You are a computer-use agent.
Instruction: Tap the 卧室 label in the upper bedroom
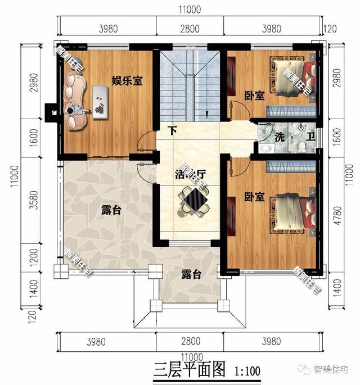pos(255,96)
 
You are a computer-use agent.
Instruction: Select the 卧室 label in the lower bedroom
pos(255,197)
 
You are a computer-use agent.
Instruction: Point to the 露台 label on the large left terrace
pos(111,210)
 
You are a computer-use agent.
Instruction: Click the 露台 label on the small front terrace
pos(191,274)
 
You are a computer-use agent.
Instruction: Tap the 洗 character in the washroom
pos(280,137)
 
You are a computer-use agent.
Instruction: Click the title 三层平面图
pos(190,370)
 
